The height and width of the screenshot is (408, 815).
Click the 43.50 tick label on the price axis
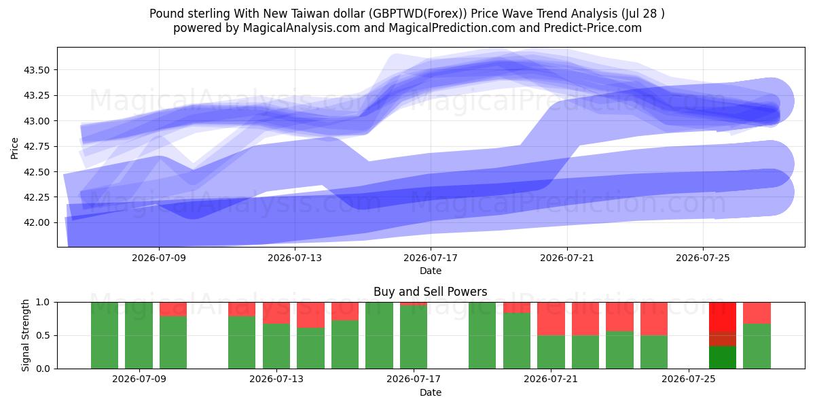[x=36, y=70]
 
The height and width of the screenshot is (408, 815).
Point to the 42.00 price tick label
[x=36, y=222]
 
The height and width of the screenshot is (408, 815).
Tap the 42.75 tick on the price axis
[x=36, y=146]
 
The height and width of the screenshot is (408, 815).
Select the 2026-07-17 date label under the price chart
[x=431, y=258]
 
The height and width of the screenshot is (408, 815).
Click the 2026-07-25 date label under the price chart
[x=702, y=258]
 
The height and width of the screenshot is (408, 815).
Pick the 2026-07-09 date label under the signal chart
[x=139, y=379]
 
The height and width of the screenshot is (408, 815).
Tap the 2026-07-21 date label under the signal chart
[x=551, y=379]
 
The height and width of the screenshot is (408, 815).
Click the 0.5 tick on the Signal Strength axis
[x=43, y=335]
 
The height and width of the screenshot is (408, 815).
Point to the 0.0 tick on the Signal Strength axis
[x=43, y=369]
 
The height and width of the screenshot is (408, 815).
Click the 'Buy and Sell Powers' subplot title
[x=431, y=292]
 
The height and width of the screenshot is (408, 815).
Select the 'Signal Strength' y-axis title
[x=25, y=335]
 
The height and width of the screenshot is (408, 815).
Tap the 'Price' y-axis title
[x=14, y=148]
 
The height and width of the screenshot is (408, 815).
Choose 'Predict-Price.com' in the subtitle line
[x=593, y=28]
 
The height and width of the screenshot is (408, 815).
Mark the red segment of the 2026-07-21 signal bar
[x=551, y=319]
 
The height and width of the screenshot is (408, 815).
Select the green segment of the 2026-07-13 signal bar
[x=276, y=346]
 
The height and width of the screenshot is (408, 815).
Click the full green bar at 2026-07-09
[x=139, y=335]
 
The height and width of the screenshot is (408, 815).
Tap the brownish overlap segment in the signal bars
[x=723, y=339]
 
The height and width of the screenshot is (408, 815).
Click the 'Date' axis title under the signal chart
[x=431, y=392]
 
